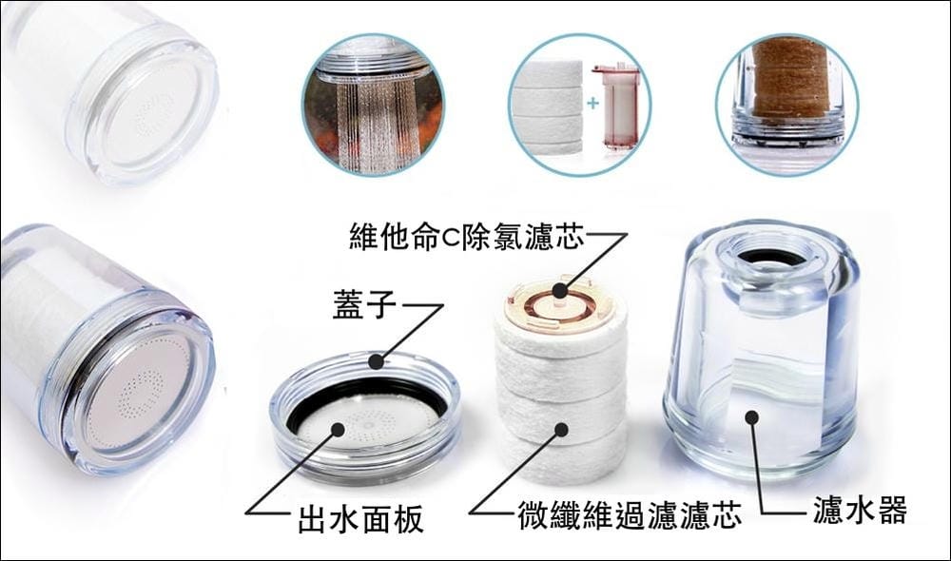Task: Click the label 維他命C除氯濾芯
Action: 466,236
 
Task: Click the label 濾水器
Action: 860,510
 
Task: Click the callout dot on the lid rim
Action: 377,362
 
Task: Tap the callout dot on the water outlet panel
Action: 338,430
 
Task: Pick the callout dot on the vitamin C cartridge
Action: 560,291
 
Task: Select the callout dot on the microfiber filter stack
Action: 561,430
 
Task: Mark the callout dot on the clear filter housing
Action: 752,417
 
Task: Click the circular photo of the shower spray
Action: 373,105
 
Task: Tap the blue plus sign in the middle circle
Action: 592,103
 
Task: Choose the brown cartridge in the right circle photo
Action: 789,79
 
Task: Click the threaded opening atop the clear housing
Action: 770,253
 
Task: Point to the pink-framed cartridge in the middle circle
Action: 615,109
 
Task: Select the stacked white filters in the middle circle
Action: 548,107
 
